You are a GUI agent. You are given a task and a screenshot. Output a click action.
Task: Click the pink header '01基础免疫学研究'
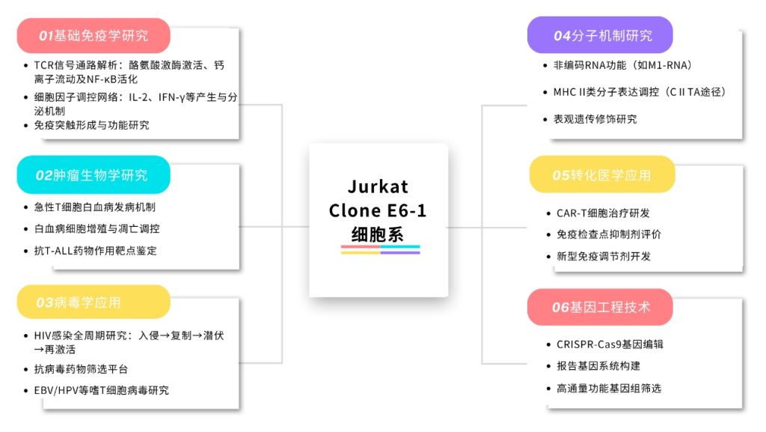[94, 35]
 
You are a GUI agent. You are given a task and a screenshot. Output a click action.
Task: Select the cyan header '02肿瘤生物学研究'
[94, 175]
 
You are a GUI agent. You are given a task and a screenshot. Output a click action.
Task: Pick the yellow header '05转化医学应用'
[601, 175]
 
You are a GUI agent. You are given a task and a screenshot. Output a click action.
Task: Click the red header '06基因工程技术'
[601, 307]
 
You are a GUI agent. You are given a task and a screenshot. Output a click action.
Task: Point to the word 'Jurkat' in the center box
[379, 186]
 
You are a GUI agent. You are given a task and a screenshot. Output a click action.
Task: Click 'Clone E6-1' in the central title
[379, 210]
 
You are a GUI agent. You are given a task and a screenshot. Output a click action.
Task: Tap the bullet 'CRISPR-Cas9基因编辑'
[610, 344]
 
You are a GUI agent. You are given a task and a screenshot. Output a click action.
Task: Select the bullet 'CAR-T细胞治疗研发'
[604, 213]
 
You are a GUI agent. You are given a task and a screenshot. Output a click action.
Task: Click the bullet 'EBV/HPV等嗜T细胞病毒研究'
[102, 390]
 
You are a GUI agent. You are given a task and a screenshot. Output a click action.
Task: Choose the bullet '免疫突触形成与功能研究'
[92, 125]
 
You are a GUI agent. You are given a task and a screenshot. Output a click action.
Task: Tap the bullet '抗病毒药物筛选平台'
[82, 369]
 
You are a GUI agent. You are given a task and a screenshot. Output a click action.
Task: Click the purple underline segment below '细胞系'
[400, 252]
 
